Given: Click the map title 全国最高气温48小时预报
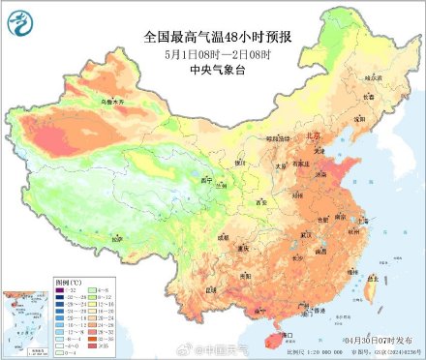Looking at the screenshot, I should [213, 36].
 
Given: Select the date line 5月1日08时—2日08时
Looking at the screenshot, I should [212, 53].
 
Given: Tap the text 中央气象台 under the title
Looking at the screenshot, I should [213, 70].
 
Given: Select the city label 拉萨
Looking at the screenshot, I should [116, 237].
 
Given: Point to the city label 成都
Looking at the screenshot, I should [223, 235].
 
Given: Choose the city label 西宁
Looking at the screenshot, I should [204, 180].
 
